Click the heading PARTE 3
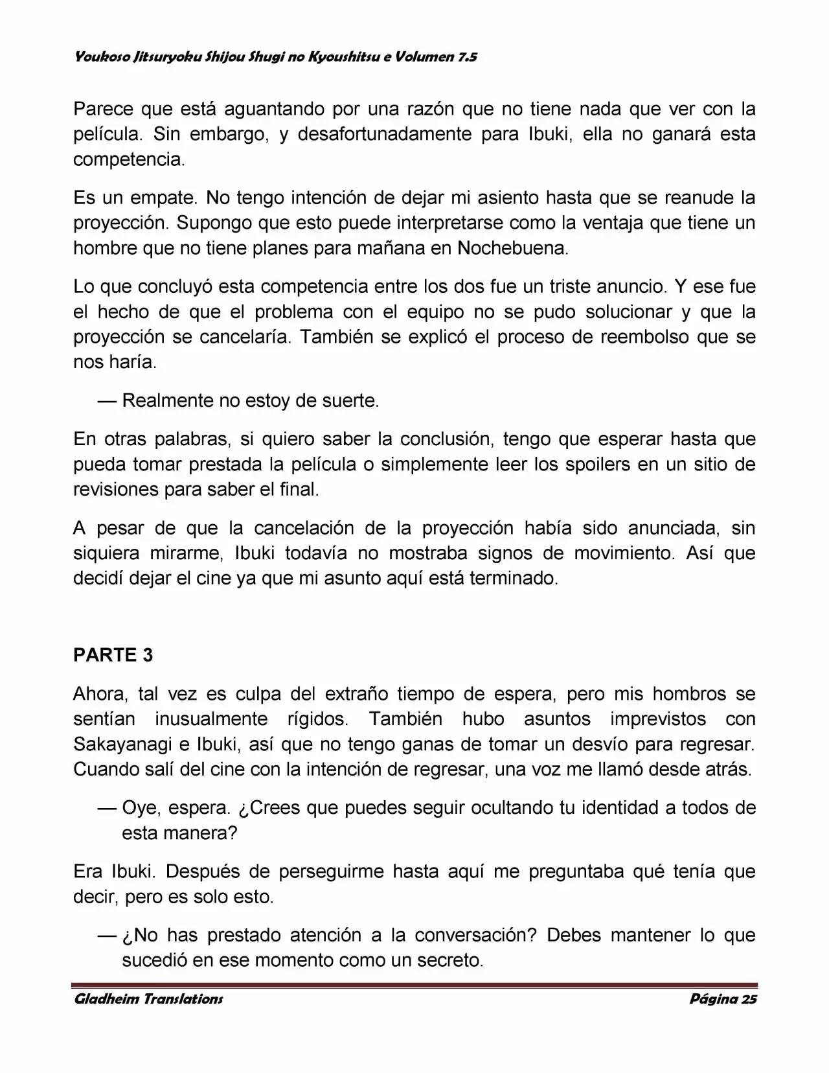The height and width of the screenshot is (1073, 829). (113, 655)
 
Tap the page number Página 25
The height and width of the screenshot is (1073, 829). (723, 998)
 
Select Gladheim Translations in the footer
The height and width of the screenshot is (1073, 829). (148, 998)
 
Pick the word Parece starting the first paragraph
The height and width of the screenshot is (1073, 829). (103, 110)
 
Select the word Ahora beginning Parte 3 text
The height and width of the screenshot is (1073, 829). (100, 694)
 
